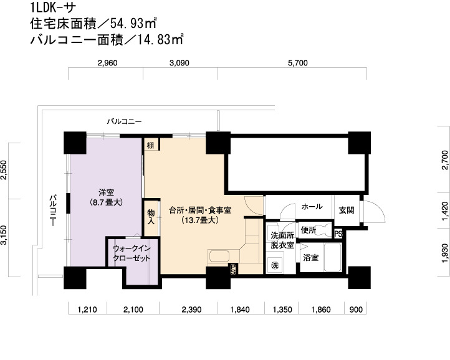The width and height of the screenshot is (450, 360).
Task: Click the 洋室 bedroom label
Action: [x=106, y=192]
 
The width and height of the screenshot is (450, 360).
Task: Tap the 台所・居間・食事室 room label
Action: [x=200, y=211]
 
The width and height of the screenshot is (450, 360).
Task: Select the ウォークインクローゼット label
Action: [x=132, y=253]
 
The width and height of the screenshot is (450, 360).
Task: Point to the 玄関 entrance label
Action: [x=347, y=211]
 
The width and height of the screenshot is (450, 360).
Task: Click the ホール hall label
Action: [x=312, y=206]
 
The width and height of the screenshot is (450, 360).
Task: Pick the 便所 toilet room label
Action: [x=309, y=230]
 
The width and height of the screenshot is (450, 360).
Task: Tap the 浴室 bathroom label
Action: [x=311, y=257]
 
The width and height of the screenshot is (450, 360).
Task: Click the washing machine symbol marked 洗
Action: [x=275, y=265]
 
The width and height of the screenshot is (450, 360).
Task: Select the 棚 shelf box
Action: [x=151, y=145]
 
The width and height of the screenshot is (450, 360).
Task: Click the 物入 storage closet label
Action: [x=151, y=217]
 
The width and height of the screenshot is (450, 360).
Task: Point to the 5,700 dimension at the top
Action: [x=297, y=63]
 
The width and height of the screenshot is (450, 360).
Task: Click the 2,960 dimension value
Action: [x=107, y=63]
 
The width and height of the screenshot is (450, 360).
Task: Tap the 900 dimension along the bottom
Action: [x=356, y=310]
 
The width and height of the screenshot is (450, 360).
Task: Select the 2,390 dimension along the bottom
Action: [x=191, y=310]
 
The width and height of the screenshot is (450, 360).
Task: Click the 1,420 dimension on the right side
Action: [x=445, y=211]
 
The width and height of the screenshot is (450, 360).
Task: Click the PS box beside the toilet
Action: [x=338, y=234]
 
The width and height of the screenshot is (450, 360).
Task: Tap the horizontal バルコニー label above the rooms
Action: [x=124, y=121]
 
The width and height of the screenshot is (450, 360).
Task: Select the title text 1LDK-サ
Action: [x=54, y=7]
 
